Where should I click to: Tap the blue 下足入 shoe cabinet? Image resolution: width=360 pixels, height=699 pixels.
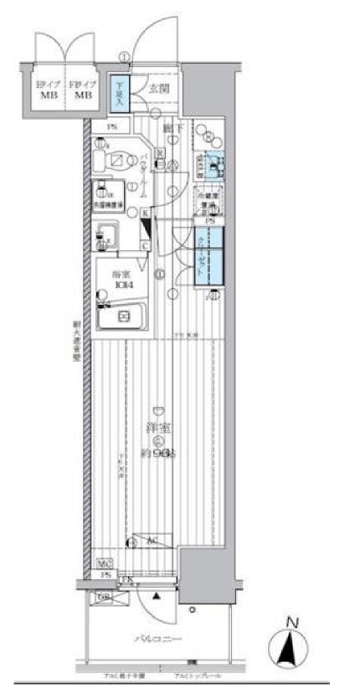(x=121, y=86)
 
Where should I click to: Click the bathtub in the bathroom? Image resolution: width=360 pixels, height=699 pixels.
(x=120, y=317)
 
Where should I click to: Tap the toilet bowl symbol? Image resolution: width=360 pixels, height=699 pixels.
(x=116, y=159)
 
